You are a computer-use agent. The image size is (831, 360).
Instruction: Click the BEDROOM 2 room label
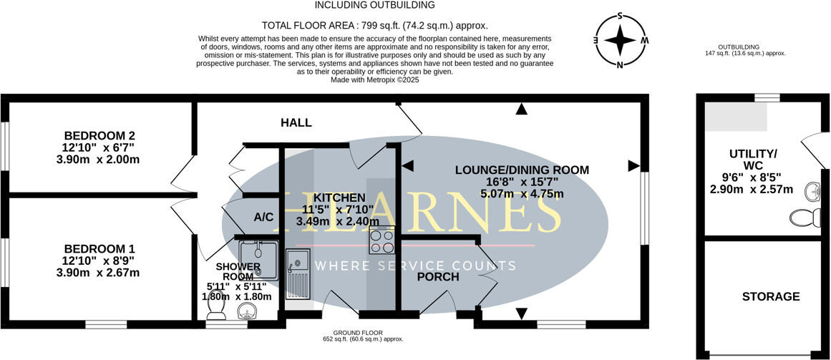click(x=99, y=135)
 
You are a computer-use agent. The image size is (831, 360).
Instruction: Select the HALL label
click(x=296, y=123)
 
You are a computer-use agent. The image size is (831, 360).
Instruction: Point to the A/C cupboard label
click(x=263, y=217)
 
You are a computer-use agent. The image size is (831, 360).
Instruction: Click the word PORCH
click(x=438, y=276)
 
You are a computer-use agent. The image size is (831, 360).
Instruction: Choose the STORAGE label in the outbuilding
click(x=771, y=296)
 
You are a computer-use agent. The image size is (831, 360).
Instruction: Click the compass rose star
click(x=620, y=40)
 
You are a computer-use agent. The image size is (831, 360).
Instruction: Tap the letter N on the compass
click(x=620, y=65)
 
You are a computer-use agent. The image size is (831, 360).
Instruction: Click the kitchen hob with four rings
click(x=382, y=240)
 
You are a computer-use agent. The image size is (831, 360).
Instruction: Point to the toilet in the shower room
click(x=215, y=306)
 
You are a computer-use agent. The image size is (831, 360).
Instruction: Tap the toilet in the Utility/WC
click(x=804, y=218)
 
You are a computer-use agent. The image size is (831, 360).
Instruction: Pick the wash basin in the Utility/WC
click(x=812, y=192)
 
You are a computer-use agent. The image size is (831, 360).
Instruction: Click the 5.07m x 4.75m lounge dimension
click(x=522, y=193)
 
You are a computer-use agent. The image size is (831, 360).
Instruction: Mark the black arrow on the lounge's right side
click(x=633, y=166)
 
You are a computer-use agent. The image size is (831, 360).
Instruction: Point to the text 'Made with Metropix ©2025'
click(x=374, y=80)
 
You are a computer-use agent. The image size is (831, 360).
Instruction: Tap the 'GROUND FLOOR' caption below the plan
click(x=358, y=333)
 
